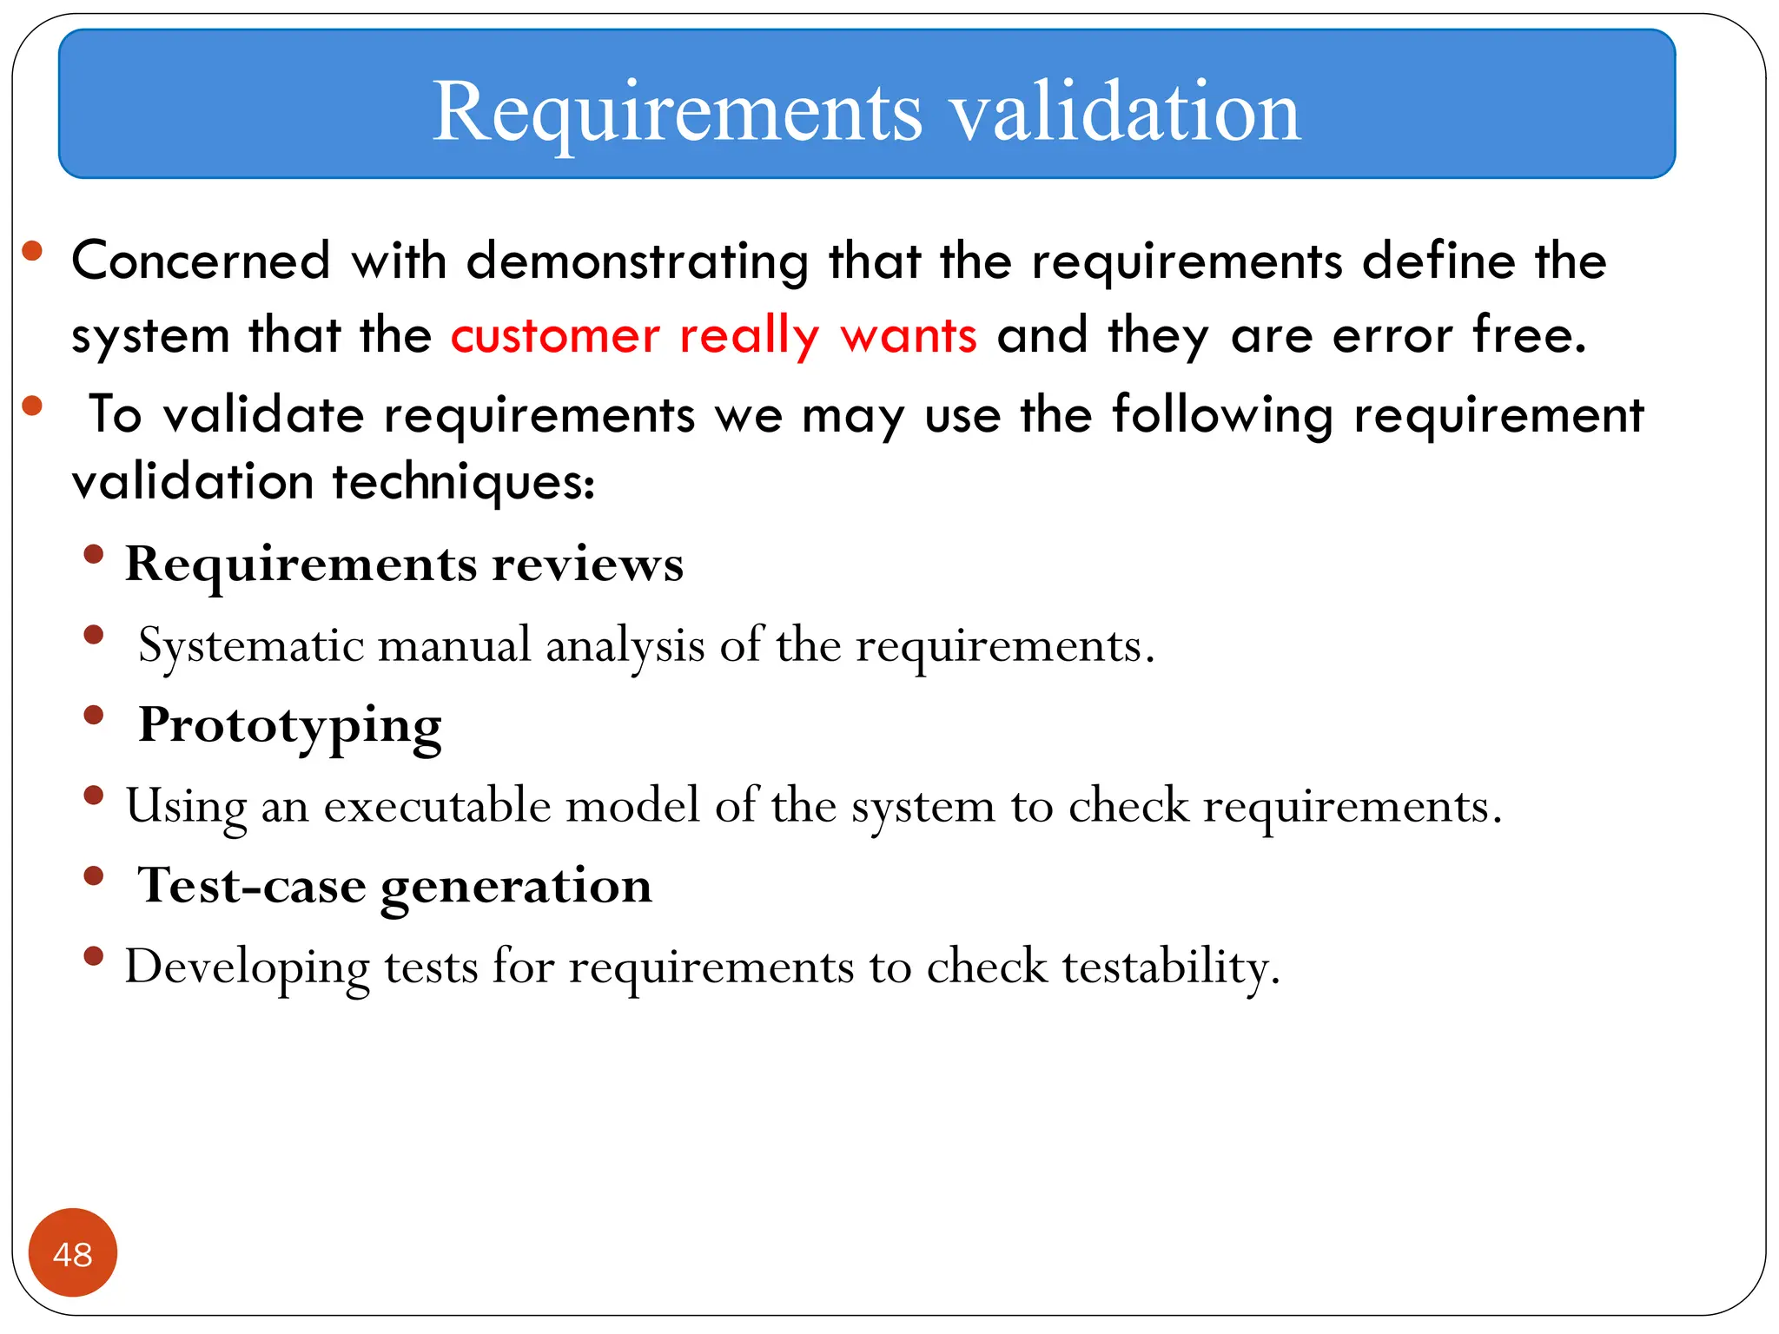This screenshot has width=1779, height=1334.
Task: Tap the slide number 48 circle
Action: [73, 1253]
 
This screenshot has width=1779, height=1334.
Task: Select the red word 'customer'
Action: [555, 336]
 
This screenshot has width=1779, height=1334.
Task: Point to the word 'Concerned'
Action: [202, 261]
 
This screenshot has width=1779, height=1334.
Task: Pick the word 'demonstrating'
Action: [638, 262]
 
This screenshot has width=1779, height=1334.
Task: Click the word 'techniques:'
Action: [464, 483]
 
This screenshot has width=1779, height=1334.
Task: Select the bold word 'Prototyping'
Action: [290, 726]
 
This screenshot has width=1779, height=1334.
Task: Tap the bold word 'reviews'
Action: [588, 565]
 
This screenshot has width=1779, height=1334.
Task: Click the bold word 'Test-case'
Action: [252, 886]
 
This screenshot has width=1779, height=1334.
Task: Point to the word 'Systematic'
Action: [251, 645]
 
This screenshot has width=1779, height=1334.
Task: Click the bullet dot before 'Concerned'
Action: [33, 252]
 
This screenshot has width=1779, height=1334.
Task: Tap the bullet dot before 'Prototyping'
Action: [94, 716]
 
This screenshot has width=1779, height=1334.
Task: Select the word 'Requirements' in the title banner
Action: [678, 113]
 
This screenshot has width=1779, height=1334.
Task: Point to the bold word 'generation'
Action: [516, 888]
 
